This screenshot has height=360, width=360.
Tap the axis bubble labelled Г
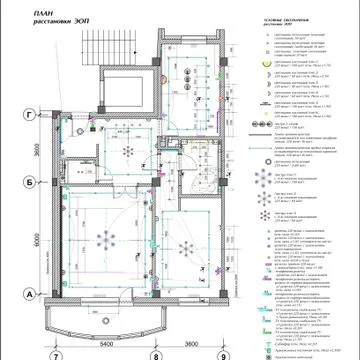click(x=29, y=116)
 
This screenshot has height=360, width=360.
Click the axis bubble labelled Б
click(x=29, y=183)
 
